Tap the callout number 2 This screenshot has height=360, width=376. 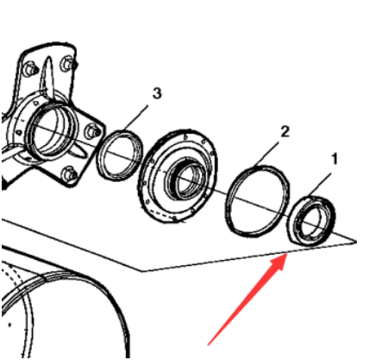pos(285,131)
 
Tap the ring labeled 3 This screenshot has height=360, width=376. pos(117,154)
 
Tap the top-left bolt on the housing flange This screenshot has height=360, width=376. pos(29,67)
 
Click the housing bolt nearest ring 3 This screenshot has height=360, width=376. pos(91,130)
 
